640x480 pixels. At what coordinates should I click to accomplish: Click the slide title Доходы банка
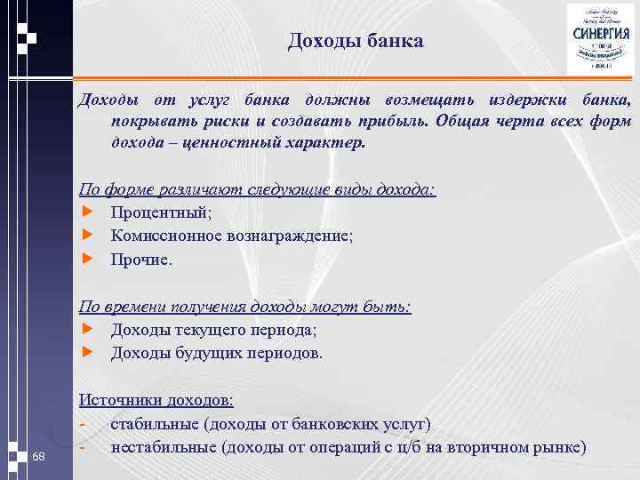[356, 42]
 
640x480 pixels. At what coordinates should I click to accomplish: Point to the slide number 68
[38, 456]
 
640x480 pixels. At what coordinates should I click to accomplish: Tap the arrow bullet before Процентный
[87, 212]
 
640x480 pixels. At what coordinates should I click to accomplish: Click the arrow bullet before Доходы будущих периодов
[87, 353]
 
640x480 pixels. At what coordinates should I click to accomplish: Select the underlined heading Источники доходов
[156, 400]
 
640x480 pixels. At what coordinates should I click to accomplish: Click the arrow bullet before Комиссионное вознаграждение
[87, 236]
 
